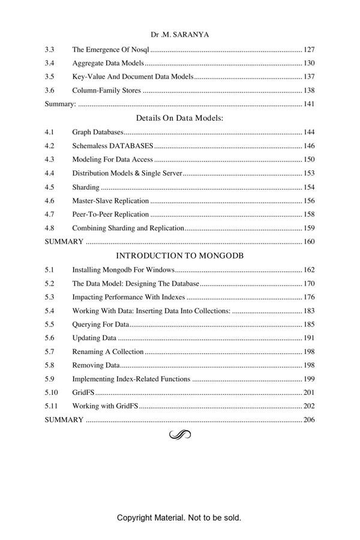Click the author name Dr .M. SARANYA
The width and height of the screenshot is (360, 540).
(180, 35)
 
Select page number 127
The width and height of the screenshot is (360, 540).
(309, 50)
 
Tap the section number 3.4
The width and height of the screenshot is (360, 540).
(50, 63)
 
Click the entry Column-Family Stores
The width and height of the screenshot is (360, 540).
(106, 91)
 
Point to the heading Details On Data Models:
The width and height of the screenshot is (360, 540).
(179, 118)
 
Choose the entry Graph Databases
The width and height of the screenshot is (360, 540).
(97, 132)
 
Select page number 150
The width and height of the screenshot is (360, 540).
(309, 160)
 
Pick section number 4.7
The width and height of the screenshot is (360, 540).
(50, 214)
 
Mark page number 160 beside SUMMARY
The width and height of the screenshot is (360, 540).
(309, 242)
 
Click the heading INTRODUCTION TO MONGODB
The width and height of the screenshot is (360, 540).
(179, 256)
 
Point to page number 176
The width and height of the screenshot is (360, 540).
(309, 297)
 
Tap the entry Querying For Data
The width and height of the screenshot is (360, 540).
(100, 325)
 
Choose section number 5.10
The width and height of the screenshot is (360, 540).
(51, 392)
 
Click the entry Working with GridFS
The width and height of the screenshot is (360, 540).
(105, 406)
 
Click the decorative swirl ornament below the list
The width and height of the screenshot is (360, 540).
(179, 434)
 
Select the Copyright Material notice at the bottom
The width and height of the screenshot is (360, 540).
(179, 517)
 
